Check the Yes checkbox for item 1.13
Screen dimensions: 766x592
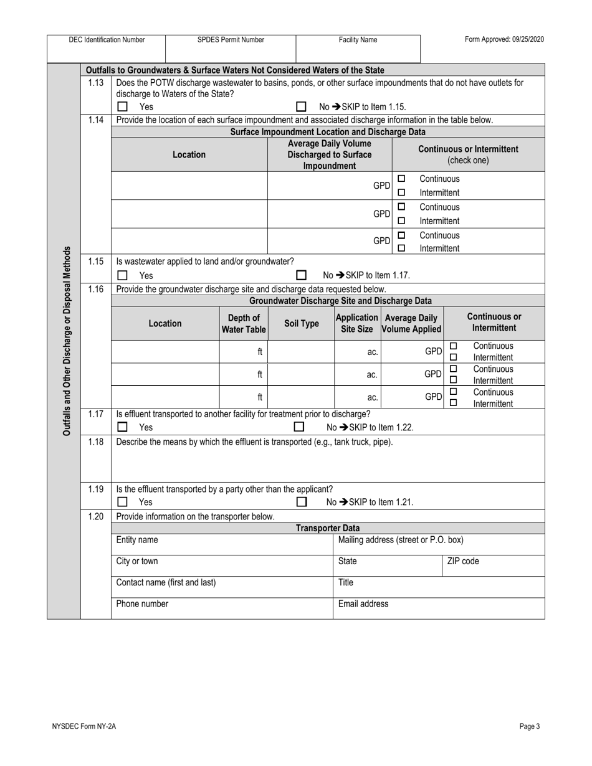pos(123,106)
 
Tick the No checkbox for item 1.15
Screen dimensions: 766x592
pos(302,275)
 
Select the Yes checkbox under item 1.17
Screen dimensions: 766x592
pos(123,427)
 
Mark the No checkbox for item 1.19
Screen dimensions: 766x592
pos(302,502)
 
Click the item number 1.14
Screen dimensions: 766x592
pos(95,120)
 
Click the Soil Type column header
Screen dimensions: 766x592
pos(302,324)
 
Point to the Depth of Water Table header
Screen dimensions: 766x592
pos(244,324)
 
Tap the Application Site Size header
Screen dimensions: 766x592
pos(357,323)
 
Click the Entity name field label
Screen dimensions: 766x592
pos(137,540)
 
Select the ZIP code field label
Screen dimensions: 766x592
pos(463,561)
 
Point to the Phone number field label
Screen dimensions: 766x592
pos(142,603)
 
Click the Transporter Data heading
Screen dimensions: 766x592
pos(328,528)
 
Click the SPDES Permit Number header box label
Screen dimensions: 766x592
pos(231,40)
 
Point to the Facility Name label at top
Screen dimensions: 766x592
pos(358,40)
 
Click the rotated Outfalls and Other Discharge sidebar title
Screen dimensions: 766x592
pos(67,341)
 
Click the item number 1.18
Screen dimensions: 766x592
pos(95,442)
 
